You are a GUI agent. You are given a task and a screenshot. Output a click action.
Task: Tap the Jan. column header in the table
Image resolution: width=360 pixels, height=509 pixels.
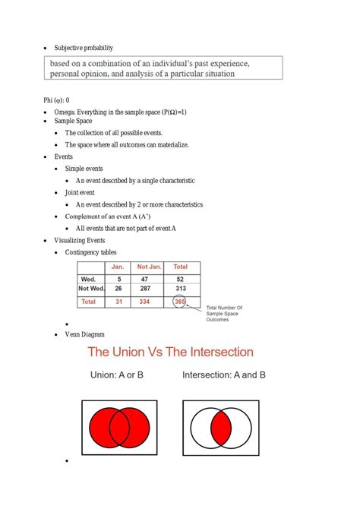pyautogui.click(x=118, y=267)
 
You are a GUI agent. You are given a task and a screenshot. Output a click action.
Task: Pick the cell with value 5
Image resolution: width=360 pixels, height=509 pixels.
pyautogui.click(x=118, y=279)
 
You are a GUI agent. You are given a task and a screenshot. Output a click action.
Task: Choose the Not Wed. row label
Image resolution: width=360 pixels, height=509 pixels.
pyautogui.click(x=92, y=289)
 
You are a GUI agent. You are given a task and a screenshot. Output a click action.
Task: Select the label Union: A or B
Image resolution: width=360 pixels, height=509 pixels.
pyautogui.click(x=117, y=375)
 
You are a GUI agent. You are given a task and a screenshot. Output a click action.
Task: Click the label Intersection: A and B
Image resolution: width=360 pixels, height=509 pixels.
pyautogui.click(x=224, y=375)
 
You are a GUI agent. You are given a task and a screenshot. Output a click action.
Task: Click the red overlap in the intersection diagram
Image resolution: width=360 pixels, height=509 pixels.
pyautogui.click(x=221, y=427)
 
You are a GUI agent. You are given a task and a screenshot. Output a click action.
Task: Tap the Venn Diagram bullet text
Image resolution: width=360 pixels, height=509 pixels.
pyautogui.click(x=85, y=334)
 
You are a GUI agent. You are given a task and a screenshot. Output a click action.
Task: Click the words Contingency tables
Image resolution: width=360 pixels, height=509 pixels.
pyautogui.click(x=91, y=252)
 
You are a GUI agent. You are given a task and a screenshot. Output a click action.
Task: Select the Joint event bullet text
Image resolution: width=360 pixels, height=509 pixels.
pyautogui.click(x=81, y=193)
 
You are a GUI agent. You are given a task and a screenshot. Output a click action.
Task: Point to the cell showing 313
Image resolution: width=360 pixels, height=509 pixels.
pyautogui.click(x=180, y=289)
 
